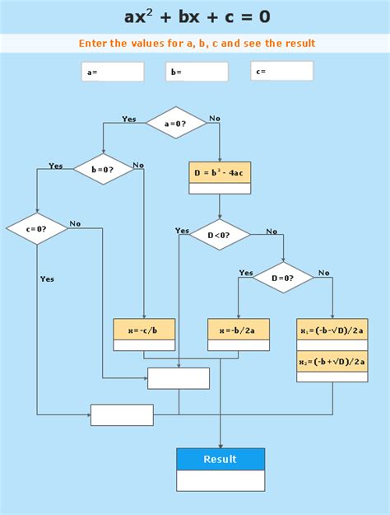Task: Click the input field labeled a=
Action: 113,72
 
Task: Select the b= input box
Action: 197,72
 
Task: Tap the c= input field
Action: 281,71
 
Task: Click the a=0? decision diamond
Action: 176,123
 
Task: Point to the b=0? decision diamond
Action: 104,169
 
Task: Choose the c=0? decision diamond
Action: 36,228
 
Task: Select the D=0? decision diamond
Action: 282,278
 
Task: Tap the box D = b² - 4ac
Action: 220,172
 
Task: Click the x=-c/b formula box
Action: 144,330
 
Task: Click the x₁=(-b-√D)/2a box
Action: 332,330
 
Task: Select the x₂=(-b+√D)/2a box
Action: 332,361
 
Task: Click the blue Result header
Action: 221,459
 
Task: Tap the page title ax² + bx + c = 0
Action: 197,16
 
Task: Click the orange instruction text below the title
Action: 197,44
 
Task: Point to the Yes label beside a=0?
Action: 129,119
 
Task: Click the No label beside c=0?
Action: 75,223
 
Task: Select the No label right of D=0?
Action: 323,273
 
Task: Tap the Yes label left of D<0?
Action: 182,231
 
